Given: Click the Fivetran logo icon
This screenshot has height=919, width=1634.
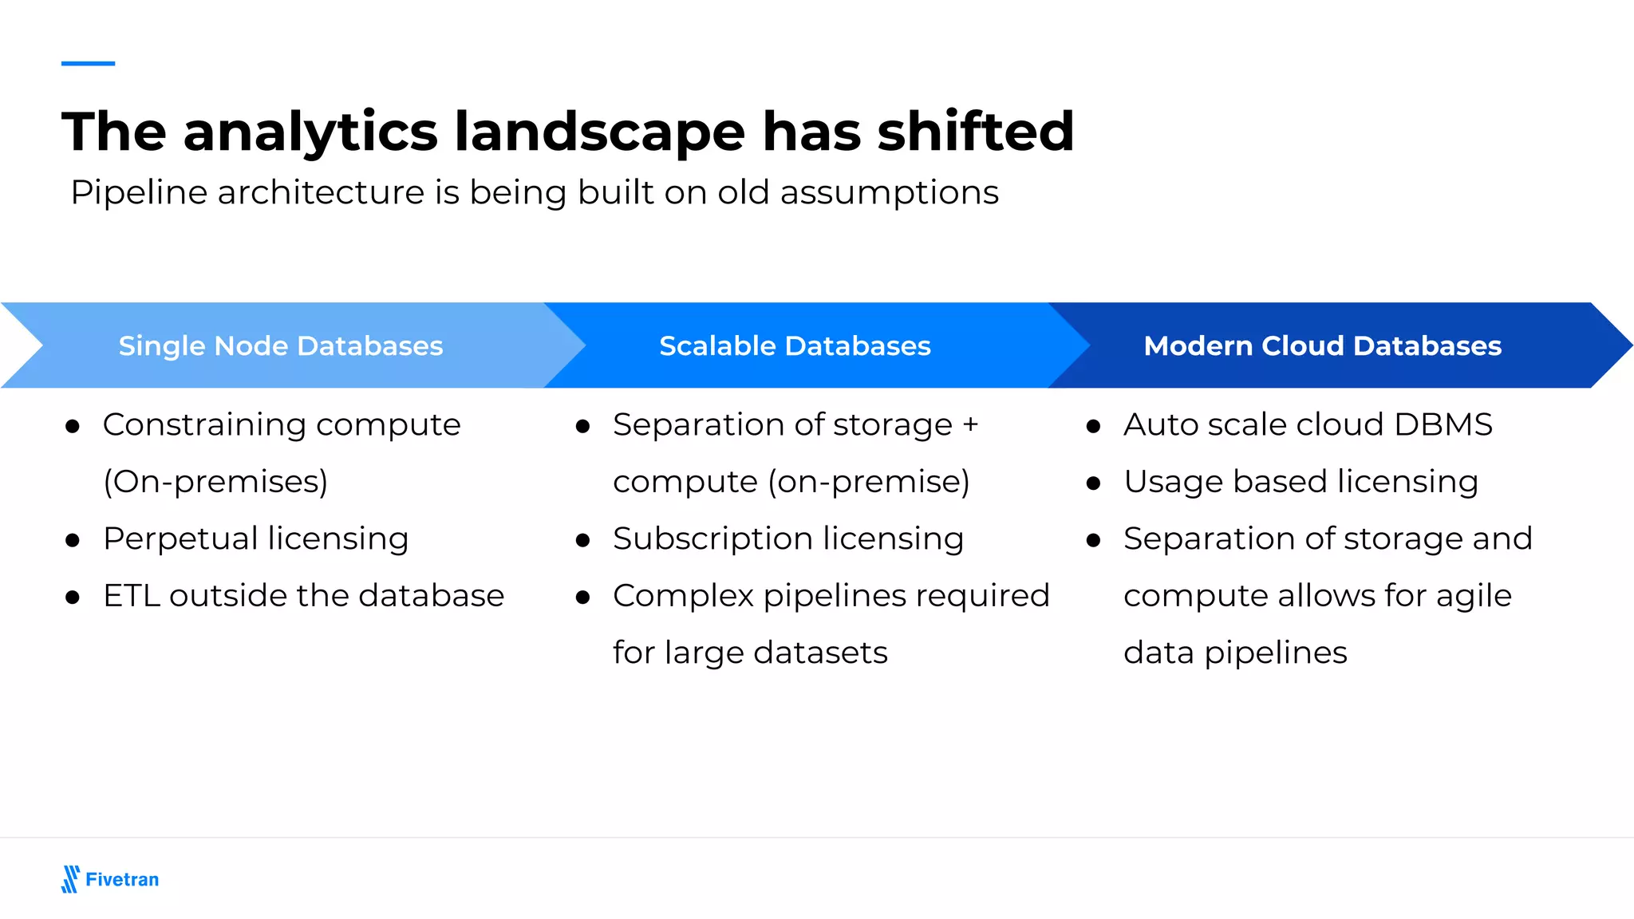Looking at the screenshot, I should tap(70, 879).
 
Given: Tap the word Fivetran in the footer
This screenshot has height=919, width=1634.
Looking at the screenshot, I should tap(122, 880).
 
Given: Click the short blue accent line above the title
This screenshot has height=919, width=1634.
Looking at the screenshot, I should tap(88, 63).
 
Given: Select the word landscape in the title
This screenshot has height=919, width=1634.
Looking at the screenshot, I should tap(600, 132).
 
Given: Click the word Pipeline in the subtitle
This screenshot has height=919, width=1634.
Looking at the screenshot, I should tap(139, 193).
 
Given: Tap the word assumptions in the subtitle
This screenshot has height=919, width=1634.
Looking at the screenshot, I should tap(889, 193).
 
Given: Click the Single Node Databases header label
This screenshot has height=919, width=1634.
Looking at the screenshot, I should tap(281, 346).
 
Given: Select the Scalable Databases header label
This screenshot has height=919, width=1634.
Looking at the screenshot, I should tap(795, 346).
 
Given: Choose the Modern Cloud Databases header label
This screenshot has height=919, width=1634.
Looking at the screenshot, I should tap(1322, 346).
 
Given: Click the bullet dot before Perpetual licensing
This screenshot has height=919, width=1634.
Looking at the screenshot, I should tap(73, 541).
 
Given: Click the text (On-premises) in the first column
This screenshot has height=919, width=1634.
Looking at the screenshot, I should tap(215, 482).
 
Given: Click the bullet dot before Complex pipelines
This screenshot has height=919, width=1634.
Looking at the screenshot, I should tap(582, 598).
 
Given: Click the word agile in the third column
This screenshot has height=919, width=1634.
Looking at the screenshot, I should tap(1474, 597).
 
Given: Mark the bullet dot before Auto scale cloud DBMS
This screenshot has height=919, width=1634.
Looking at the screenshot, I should tap(1093, 427).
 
